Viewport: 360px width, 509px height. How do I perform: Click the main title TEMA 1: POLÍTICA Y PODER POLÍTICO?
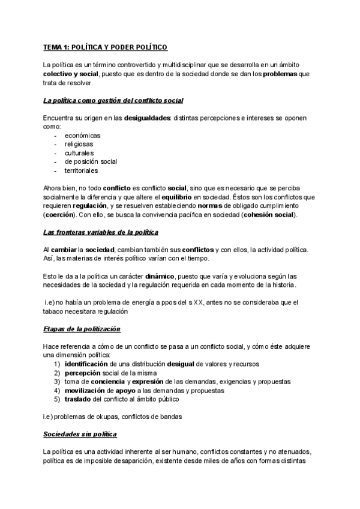click(x=106, y=47)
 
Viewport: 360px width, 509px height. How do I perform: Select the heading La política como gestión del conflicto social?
click(x=113, y=100)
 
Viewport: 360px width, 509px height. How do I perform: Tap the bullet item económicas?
click(x=82, y=136)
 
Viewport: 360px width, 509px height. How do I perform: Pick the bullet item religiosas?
click(x=80, y=144)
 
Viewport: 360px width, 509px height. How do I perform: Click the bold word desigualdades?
click(x=147, y=118)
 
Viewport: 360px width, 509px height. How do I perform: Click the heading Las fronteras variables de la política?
click(x=101, y=232)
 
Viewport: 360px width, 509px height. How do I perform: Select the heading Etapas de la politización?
click(x=82, y=330)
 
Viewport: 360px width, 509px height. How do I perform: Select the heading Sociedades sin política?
click(x=80, y=434)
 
